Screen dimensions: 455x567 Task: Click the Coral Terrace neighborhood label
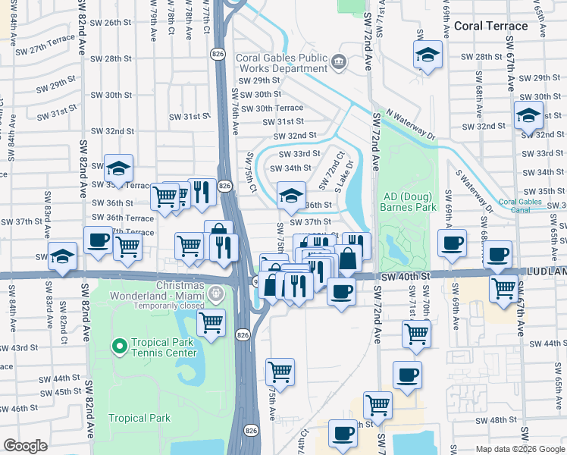point(490,26)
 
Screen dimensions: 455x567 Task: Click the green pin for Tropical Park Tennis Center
point(119,347)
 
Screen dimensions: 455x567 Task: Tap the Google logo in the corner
point(25,446)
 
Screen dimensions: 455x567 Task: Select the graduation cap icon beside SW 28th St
point(428,54)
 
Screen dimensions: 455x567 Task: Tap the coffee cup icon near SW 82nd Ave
point(97,240)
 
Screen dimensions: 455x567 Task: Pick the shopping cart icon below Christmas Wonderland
point(211,322)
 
